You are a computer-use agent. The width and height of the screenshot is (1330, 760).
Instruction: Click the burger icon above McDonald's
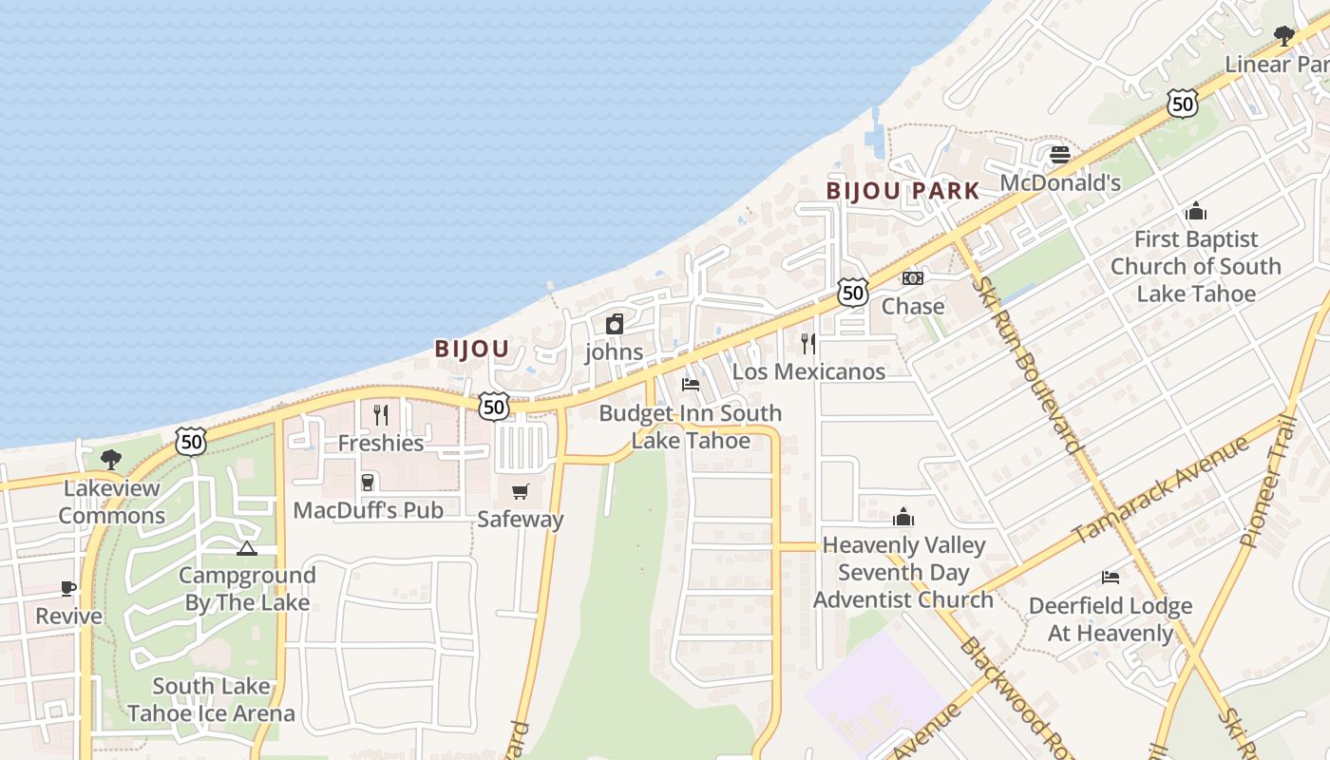[x=1060, y=154]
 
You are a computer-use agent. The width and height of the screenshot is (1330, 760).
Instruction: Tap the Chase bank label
[x=913, y=306]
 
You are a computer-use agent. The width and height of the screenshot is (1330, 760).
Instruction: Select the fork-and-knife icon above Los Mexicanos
[x=808, y=344]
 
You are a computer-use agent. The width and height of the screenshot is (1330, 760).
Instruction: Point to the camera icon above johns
[x=615, y=324]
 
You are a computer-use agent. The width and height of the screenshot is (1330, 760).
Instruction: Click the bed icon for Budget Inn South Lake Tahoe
[x=691, y=385]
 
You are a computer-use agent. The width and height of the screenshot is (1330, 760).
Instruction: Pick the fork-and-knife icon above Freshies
[x=381, y=415]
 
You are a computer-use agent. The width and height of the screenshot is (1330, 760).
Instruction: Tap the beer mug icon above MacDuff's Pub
[x=368, y=483]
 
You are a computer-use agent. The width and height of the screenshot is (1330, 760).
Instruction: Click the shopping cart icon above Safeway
[x=520, y=491]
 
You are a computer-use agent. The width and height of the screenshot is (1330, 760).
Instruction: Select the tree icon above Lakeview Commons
[x=111, y=460]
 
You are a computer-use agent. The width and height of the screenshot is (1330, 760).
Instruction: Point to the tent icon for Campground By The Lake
[x=247, y=548]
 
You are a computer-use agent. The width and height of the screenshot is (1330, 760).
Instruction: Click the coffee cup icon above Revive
[x=68, y=588]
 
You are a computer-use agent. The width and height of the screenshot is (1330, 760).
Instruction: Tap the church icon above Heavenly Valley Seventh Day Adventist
[x=902, y=517]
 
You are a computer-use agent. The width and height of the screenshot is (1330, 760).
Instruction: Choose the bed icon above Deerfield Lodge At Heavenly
[x=1110, y=578]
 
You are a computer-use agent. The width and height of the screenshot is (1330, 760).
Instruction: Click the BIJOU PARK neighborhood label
[x=902, y=191]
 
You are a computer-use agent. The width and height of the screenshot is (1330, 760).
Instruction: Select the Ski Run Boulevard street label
[x=1029, y=364]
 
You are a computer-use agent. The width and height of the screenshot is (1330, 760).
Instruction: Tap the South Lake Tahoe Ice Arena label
[x=211, y=699]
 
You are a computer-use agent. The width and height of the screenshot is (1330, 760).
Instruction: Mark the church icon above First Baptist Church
[x=1196, y=211]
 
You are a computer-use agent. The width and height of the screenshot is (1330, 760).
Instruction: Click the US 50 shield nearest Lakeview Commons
[x=191, y=441]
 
